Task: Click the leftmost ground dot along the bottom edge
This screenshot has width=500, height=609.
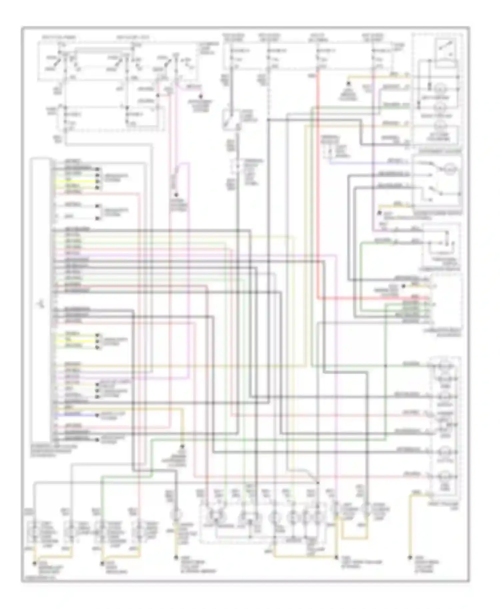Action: pyautogui.click(x=34, y=564)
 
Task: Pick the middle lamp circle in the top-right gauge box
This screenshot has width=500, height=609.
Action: pyautogui.click(x=442, y=107)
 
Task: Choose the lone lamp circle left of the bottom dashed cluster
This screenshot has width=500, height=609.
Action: pyautogui.click(x=176, y=514)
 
